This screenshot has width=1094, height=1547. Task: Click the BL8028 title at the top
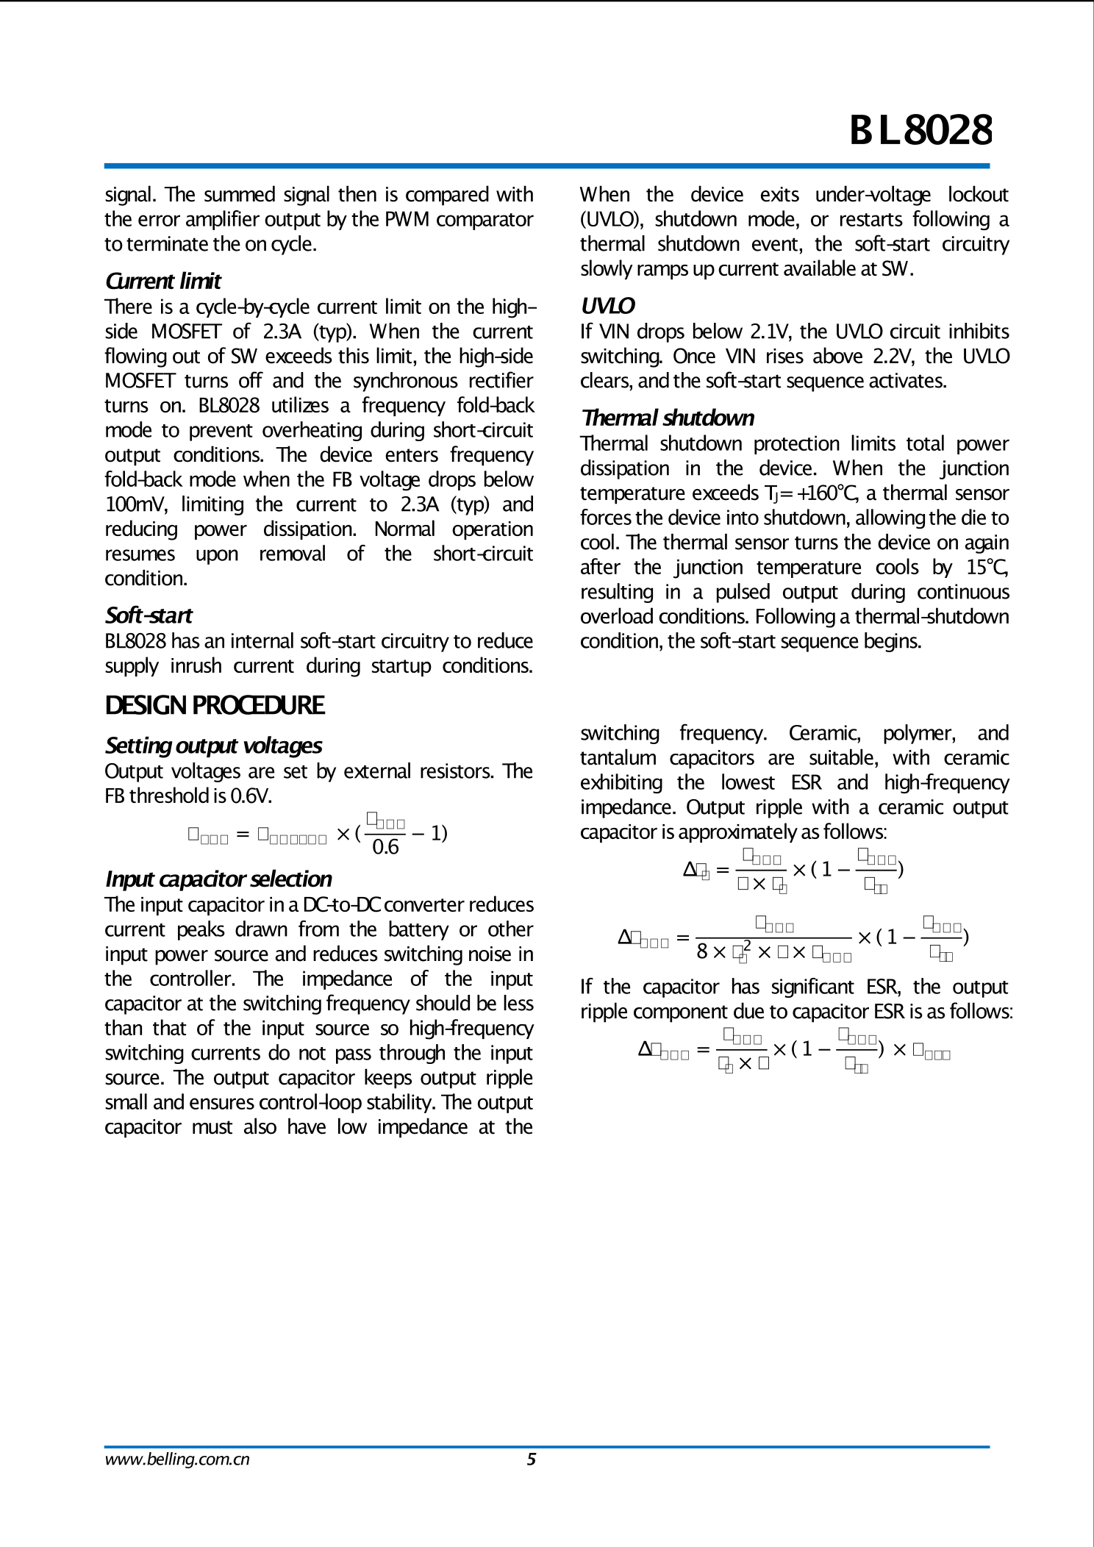pyautogui.click(x=920, y=130)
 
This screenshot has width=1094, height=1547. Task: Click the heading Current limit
pyautogui.click(x=162, y=281)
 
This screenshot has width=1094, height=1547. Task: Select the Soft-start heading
pyautogui.click(x=149, y=615)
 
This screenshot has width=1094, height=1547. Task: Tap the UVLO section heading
pyautogui.click(x=607, y=306)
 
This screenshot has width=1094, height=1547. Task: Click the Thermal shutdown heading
pyautogui.click(x=668, y=418)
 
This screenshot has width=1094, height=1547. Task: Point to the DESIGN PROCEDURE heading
pyautogui.click(x=214, y=705)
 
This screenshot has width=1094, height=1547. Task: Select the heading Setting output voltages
pyautogui.click(x=213, y=746)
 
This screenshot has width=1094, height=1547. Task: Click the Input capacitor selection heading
pyautogui.click(x=218, y=879)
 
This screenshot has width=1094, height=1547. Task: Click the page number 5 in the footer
pyautogui.click(x=532, y=1460)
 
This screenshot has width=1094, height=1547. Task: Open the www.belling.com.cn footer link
pyautogui.click(x=177, y=1460)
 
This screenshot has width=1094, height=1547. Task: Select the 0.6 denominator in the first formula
pyautogui.click(x=385, y=847)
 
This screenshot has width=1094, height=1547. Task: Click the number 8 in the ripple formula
pyautogui.click(x=702, y=952)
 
